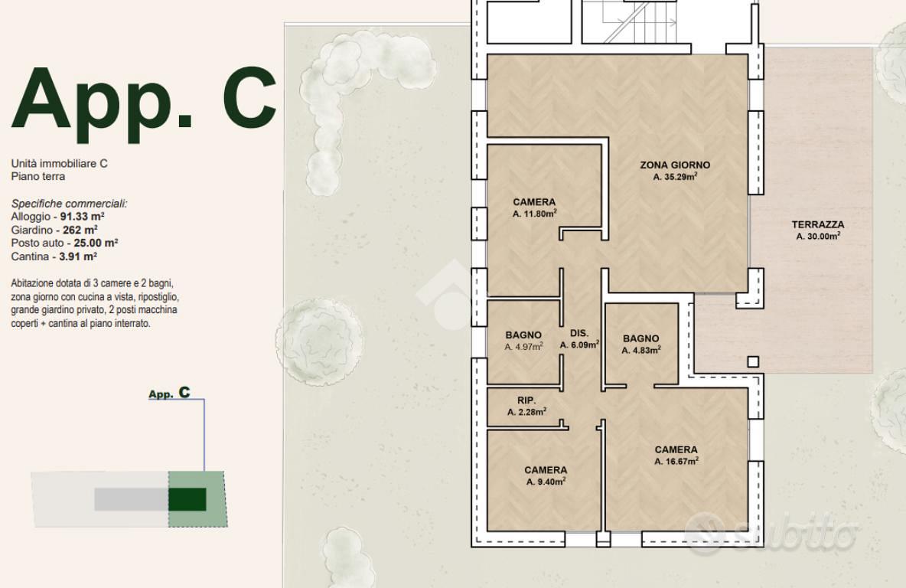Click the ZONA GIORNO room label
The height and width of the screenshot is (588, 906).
point(675,165)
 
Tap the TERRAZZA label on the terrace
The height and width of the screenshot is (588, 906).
point(817,224)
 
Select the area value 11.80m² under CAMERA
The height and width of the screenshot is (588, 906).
point(534,214)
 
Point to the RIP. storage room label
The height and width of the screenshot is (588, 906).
point(526,400)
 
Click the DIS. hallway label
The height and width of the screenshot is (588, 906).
point(579,333)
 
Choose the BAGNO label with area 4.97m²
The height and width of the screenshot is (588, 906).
point(523,335)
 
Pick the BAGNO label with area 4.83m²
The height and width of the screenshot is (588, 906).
point(640,338)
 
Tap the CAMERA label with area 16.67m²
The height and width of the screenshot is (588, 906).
point(676,449)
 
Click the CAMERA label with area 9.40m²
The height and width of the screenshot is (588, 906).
point(546,470)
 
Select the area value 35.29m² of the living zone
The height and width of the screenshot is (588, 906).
point(675,177)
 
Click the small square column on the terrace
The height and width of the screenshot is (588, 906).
point(753,362)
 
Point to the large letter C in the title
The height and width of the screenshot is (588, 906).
point(249,97)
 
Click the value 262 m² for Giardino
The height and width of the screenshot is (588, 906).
point(80,230)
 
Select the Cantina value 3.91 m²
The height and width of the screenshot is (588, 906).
point(78,256)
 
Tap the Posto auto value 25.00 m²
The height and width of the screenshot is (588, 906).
point(96,243)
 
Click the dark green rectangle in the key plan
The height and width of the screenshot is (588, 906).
point(187,499)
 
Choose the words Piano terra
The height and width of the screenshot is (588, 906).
point(38,176)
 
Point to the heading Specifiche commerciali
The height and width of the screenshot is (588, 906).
point(70,204)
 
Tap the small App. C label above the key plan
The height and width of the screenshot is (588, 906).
point(169,394)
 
